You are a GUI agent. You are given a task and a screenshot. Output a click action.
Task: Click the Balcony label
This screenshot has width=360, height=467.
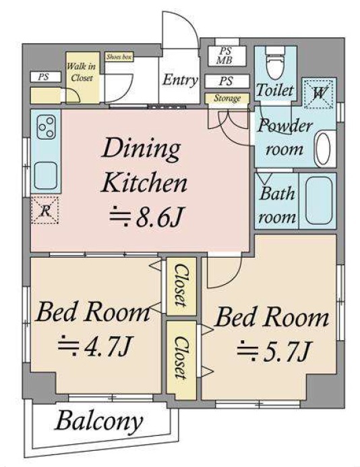tap(99, 422)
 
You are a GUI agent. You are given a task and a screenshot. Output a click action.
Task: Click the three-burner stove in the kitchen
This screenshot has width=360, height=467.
tap(47, 128)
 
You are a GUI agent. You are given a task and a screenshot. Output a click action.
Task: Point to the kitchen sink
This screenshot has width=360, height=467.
tap(46, 175)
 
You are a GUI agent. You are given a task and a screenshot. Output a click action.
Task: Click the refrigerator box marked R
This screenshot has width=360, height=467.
tap(45, 211)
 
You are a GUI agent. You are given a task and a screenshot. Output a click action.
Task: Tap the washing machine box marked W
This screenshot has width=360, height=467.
tap(318, 94)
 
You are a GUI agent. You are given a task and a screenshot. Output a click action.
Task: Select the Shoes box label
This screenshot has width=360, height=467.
tap(119, 57)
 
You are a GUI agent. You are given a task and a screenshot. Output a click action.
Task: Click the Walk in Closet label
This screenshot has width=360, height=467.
tap(81, 72)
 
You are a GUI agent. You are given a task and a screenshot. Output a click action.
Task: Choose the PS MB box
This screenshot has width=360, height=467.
tap(227, 56)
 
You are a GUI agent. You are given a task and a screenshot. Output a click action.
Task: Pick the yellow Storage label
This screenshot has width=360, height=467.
tap(227, 98)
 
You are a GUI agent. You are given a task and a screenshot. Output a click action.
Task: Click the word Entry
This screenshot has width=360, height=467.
tap(180, 80)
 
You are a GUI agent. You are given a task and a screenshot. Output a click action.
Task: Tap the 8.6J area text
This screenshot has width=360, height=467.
tap(146, 217)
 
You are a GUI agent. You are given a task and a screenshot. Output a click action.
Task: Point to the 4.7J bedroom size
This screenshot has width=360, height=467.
tap(94, 346)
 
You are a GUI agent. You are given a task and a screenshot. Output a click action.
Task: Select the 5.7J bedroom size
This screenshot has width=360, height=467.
tap(274, 352)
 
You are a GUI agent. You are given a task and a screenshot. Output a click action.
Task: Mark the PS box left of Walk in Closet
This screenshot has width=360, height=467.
tap(46, 77)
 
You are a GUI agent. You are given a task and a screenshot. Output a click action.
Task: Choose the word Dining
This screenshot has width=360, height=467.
tap(141, 149)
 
